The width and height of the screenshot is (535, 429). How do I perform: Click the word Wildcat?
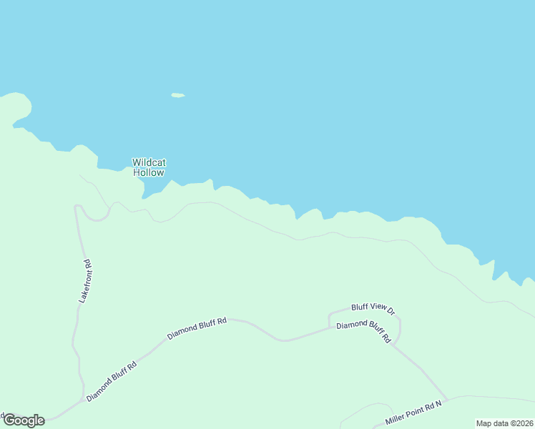pyautogui.click(x=149, y=162)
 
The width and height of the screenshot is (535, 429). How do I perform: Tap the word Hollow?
pyautogui.click(x=149, y=172)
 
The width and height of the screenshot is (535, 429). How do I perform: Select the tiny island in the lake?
pyautogui.click(x=178, y=95)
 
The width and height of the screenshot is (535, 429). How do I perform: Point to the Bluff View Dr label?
pyautogui.click(x=373, y=308)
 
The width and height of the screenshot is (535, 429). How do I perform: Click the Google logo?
pyautogui.click(x=24, y=420)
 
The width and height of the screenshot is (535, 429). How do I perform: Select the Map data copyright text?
pyautogui.click(x=505, y=423)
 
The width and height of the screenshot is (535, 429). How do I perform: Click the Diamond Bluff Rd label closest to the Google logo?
pyautogui.click(x=111, y=380)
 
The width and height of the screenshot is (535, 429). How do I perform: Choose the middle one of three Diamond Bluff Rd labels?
pyautogui.click(x=197, y=328)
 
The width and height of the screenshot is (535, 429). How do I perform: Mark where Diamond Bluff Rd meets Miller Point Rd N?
pyautogui.click(x=447, y=400)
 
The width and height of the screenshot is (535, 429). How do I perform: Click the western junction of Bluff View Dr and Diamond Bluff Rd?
pyautogui.click(x=329, y=327)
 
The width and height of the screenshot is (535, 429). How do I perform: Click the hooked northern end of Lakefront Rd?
pyautogui.click(x=77, y=207)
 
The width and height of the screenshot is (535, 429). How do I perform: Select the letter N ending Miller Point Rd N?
pyautogui.click(x=439, y=404)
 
